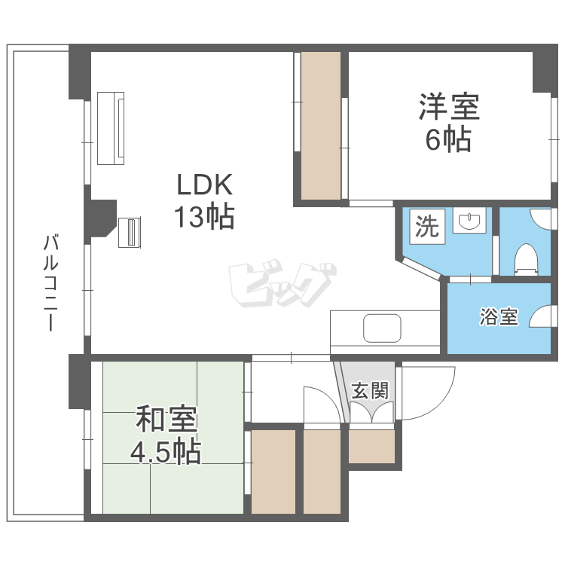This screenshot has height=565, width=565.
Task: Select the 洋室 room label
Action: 449,108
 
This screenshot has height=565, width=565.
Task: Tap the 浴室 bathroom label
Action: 499,317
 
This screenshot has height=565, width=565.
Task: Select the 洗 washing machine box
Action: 428,227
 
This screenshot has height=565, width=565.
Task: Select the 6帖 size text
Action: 449,140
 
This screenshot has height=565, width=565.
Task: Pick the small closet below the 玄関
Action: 371,447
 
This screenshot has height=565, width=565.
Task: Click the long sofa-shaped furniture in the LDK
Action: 111,127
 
